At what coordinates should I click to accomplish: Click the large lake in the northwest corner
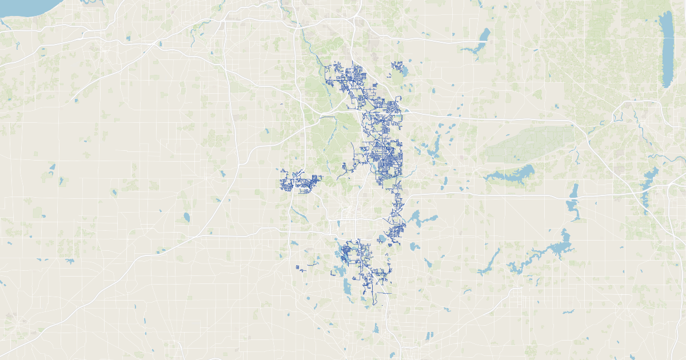(23, 7)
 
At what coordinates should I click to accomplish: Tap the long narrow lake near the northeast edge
(667, 49)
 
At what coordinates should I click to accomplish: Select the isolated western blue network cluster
(297, 183)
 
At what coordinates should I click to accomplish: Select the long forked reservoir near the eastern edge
(649, 183)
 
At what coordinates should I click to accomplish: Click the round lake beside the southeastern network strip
(382, 239)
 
